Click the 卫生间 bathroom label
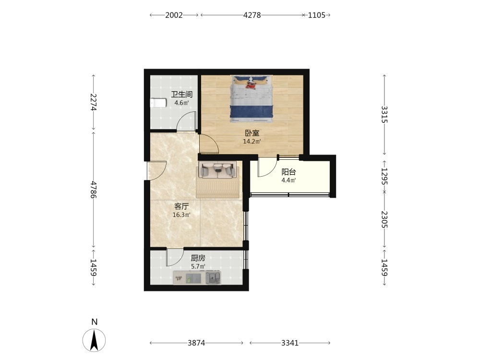181,94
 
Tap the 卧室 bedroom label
252,133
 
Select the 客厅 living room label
181,206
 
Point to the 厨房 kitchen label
198,258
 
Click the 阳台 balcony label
288,172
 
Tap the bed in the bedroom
252,98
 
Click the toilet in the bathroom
158,103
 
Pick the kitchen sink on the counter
213,278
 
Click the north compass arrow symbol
94,340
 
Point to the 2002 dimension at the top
174,15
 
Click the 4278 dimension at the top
252,15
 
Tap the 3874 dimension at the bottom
196,343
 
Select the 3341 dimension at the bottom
290,343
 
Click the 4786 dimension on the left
94,190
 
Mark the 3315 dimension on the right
384,115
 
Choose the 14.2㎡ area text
252,142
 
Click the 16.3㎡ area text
181,215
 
